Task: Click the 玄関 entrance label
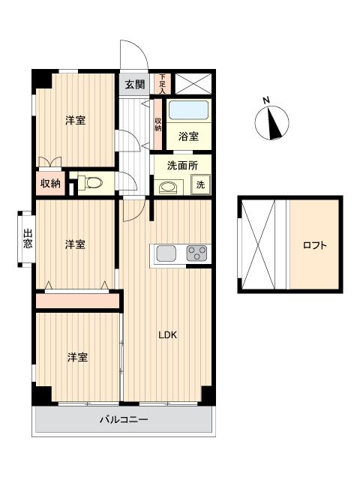click(x=135, y=84)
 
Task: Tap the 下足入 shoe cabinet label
click(x=162, y=83)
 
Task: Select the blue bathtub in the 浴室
click(x=188, y=110)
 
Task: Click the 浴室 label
click(x=188, y=136)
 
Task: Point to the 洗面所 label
click(x=182, y=166)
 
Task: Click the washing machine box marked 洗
click(x=200, y=184)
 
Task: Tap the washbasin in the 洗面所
click(x=167, y=187)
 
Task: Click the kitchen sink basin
click(x=166, y=253)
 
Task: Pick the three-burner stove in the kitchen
click(x=196, y=253)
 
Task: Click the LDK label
click(x=168, y=335)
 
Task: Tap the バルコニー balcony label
click(x=124, y=419)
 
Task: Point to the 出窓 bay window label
click(x=28, y=238)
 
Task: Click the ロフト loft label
click(x=315, y=245)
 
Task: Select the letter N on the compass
click(x=266, y=100)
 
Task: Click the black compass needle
click(x=274, y=123)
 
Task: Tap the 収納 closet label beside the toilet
click(x=51, y=183)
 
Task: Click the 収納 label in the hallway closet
click(x=157, y=124)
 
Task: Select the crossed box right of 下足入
click(x=193, y=83)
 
